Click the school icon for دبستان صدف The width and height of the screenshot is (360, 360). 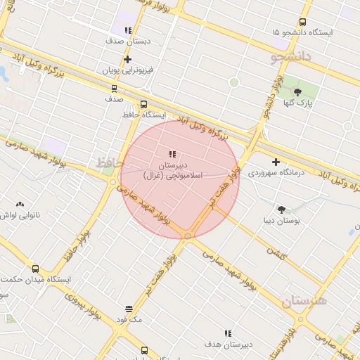(127, 30)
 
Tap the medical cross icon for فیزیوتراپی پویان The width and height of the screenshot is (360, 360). (127, 60)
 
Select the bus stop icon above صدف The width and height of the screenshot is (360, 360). (114, 89)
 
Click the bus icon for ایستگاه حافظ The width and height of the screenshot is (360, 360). (144, 104)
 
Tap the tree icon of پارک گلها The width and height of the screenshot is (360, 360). (297, 91)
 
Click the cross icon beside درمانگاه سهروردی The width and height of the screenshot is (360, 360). (276, 162)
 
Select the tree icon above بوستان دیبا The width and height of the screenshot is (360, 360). (282, 209)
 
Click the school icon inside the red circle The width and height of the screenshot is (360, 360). (173, 154)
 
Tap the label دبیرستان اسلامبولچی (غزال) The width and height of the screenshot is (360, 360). (173, 169)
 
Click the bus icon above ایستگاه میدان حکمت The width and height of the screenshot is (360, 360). (36, 268)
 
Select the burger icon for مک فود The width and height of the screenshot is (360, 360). (129, 309)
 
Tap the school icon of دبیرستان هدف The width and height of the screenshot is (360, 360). (228, 333)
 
